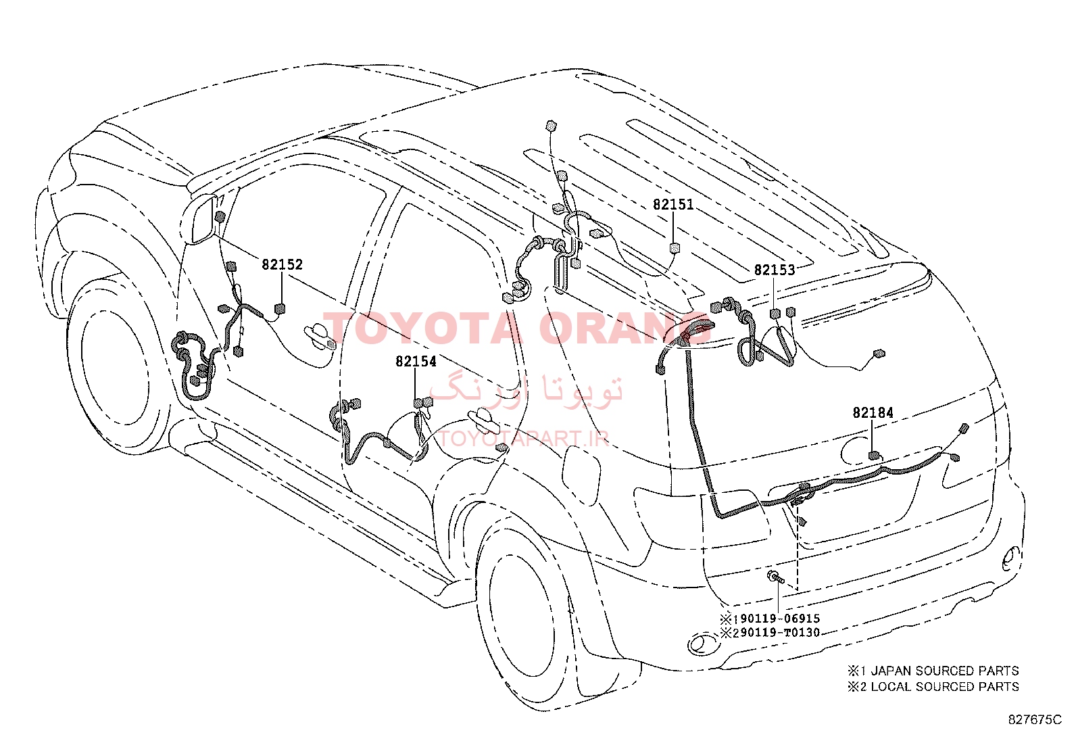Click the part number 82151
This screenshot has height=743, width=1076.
coord(673,205)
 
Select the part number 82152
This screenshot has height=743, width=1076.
coord(282,264)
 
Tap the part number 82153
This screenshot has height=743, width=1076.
coord(775,270)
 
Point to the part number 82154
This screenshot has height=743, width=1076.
coord(416,362)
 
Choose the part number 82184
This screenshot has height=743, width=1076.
coord(873,413)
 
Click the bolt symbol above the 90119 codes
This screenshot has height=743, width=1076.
coord(776,577)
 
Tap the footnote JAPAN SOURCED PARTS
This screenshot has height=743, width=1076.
coord(945,671)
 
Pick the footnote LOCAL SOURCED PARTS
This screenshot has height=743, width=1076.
coord(945,687)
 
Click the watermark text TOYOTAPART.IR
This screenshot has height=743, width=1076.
coord(523,438)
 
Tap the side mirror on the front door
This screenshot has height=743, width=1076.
coord(201,220)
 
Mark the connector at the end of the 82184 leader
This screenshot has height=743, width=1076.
coord(874,456)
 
